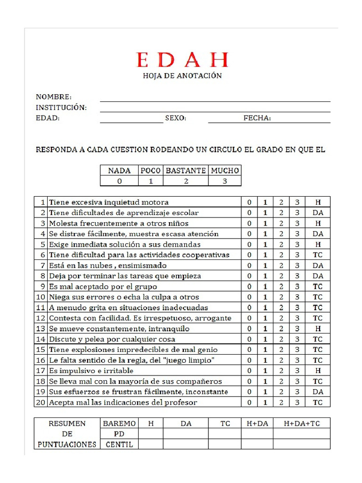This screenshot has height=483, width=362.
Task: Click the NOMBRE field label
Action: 54,97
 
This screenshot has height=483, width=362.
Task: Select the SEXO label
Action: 175,118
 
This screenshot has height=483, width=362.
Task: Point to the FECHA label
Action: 257,118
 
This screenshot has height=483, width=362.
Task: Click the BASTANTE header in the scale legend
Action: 186,170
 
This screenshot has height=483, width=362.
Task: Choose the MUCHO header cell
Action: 225,170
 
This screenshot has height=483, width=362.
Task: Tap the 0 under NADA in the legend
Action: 119,181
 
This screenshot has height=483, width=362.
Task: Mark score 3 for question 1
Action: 297,202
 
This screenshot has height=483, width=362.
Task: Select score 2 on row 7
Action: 280,266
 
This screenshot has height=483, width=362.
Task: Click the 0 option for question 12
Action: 249,318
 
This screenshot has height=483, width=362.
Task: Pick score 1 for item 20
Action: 265,402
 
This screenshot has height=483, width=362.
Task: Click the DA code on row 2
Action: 318,213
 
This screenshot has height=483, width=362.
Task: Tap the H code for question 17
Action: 318,371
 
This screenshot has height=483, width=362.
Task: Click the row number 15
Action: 41,350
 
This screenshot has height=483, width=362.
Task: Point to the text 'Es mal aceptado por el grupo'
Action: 103,287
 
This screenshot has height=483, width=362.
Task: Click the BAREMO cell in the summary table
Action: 119,424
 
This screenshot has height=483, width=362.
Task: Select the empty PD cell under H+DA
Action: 257,434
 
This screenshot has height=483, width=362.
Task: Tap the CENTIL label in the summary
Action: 119,444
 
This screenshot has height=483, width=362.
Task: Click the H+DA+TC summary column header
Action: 302,424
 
